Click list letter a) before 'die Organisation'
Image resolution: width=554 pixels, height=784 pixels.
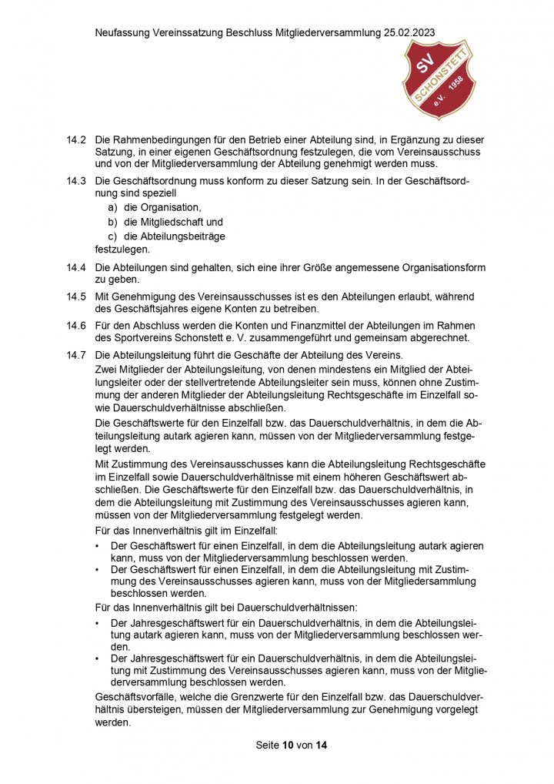click(112, 207)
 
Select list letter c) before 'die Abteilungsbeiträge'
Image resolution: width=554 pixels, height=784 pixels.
click(112, 236)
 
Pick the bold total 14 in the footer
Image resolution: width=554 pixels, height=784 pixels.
click(322, 745)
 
